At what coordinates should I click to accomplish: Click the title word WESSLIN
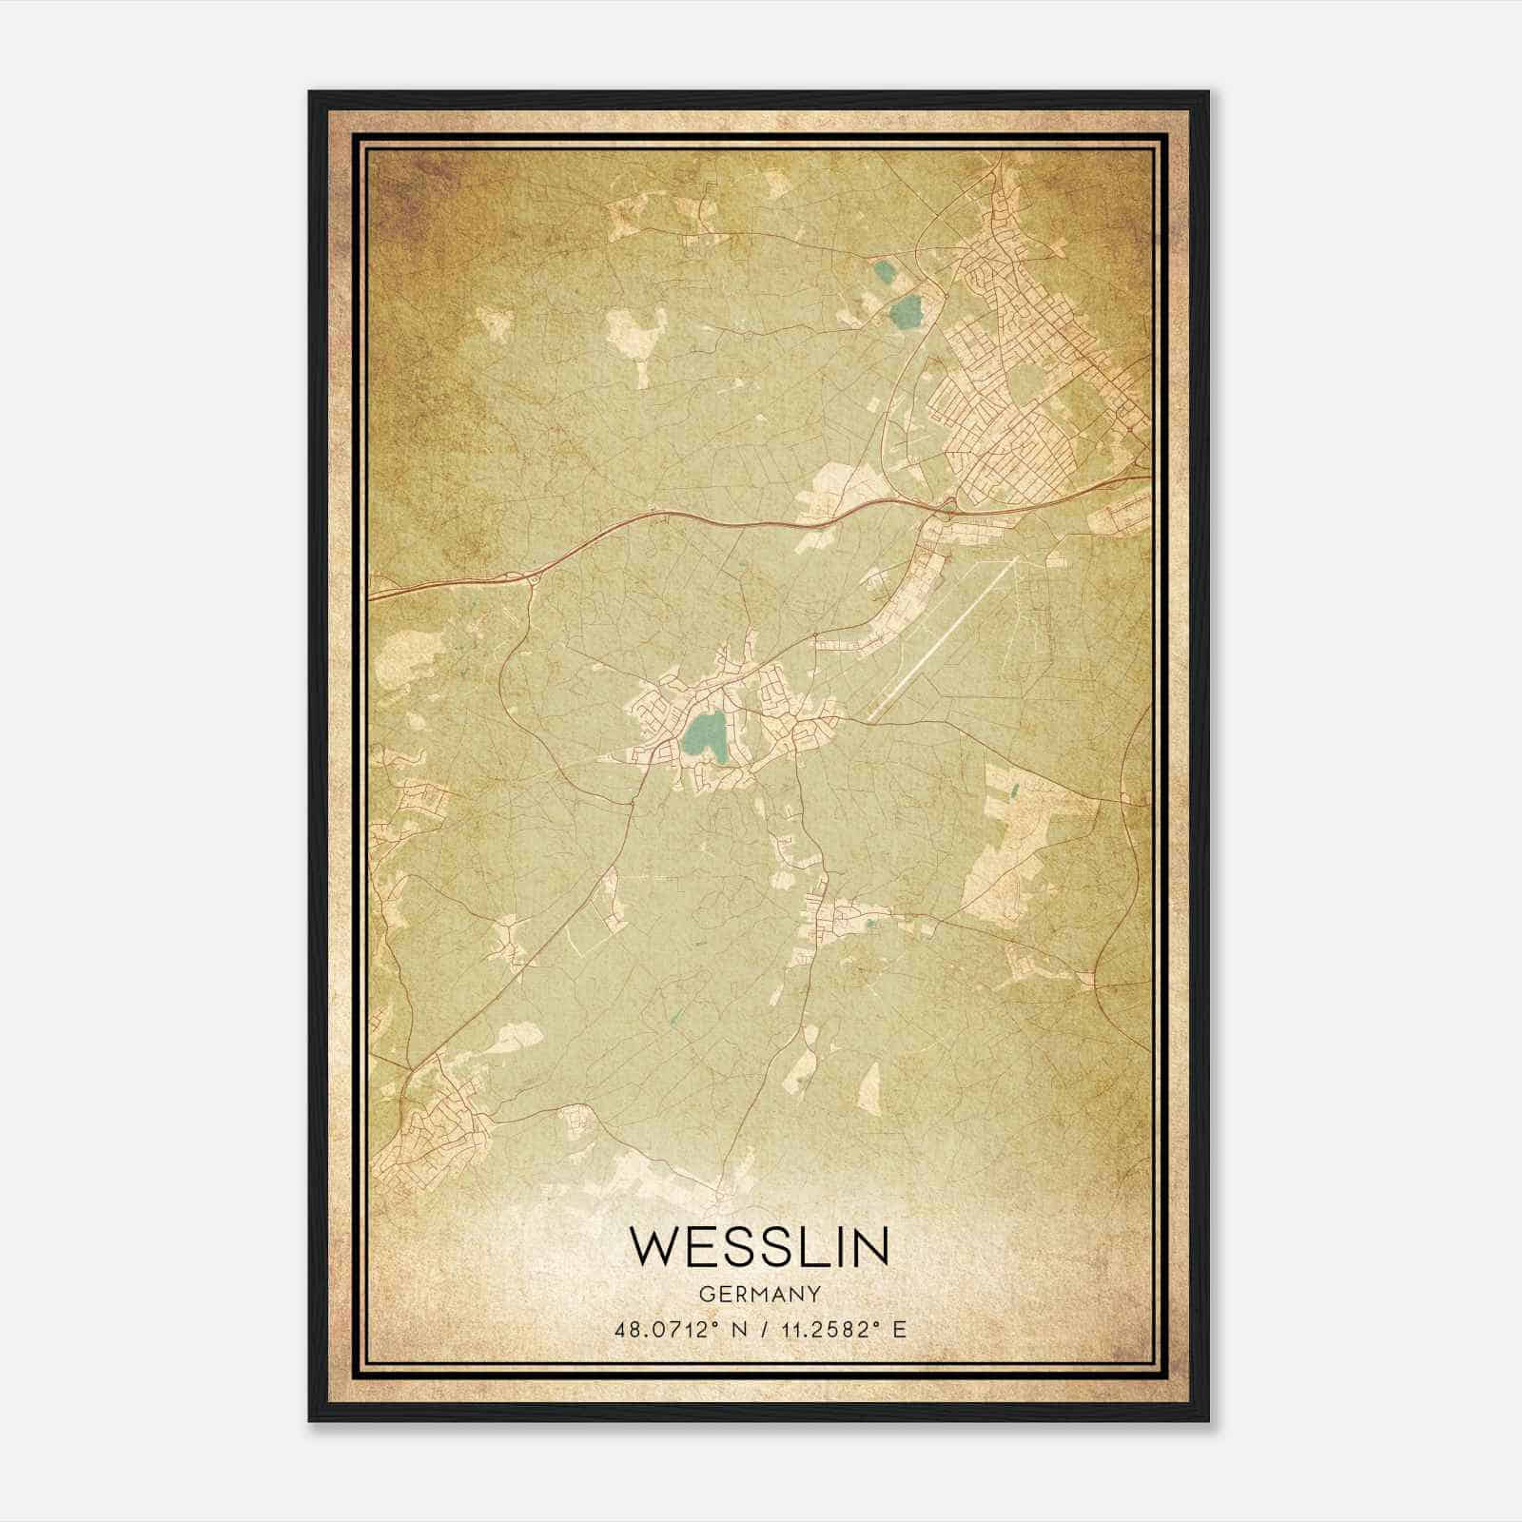point(759,1247)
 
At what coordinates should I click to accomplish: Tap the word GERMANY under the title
point(759,1295)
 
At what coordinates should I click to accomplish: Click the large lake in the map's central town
point(705,735)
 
